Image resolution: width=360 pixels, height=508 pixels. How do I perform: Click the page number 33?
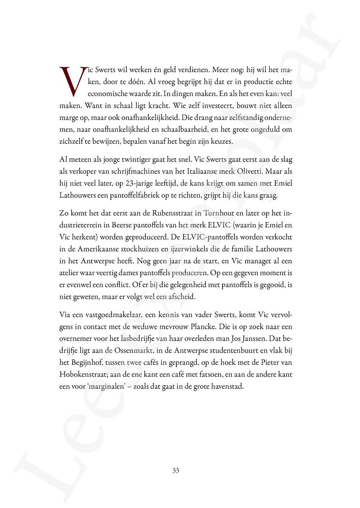176,471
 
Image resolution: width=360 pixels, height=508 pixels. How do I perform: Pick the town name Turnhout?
219,213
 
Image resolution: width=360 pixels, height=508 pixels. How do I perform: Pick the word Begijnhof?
83,362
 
